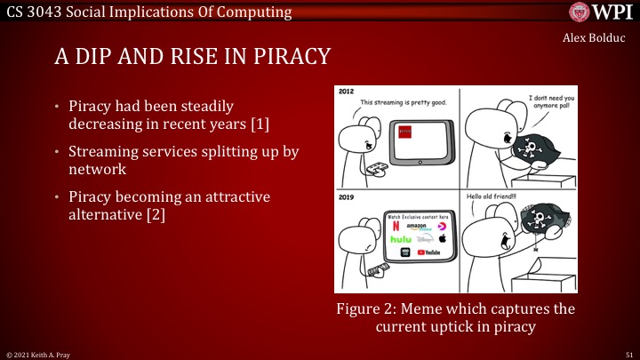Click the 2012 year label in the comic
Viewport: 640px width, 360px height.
tap(348, 93)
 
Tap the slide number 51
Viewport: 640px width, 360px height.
tap(628, 354)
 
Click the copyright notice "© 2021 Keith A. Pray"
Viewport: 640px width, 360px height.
tap(37, 354)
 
